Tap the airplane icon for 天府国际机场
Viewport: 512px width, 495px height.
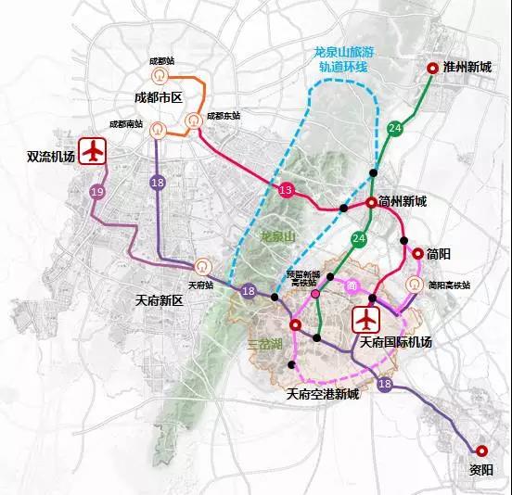point(368,320)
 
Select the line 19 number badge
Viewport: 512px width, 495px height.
point(98,191)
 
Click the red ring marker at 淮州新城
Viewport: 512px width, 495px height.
point(432,68)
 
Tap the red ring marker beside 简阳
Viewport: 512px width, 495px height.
point(417,253)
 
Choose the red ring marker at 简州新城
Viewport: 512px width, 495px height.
point(371,201)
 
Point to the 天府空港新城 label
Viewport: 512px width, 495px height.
point(322,394)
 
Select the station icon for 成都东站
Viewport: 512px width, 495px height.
point(194,120)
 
